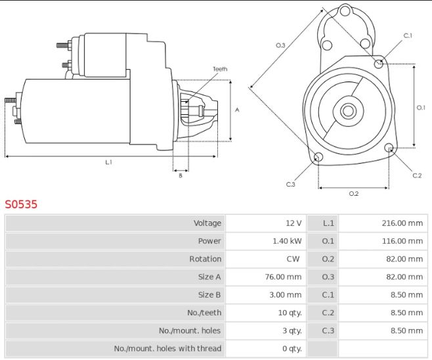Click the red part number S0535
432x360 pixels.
click(21, 204)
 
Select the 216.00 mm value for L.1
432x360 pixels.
click(402, 223)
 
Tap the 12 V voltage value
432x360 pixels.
click(293, 223)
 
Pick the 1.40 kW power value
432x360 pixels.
click(287, 241)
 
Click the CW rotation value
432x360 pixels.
click(293, 259)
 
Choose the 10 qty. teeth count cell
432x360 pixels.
click(290, 313)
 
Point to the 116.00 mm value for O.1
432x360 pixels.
click(402, 241)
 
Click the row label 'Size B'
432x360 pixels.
click(209, 295)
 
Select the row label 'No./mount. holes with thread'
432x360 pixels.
click(167, 348)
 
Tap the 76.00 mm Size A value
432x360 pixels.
click(283, 277)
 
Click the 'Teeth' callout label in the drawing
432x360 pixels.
click(220, 69)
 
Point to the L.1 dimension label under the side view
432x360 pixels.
click(109, 162)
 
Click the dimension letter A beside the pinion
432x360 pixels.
click(237, 110)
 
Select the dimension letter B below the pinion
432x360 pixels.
click(181, 175)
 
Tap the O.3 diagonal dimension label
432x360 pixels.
click(280, 45)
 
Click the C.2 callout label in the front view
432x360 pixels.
click(417, 175)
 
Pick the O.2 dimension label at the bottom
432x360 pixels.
click(354, 194)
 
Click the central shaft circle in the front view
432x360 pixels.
click(348, 111)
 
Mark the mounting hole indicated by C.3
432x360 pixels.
click(318, 156)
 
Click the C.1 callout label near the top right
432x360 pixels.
click(408, 35)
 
